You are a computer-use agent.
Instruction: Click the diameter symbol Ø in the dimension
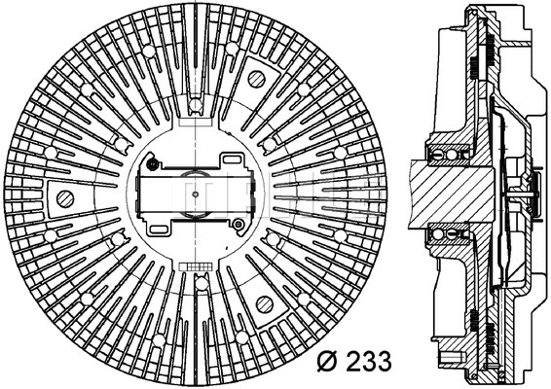click(329, 361)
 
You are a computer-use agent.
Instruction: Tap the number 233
click(368, 361)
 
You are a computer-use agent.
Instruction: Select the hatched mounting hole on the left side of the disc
click(65, 199)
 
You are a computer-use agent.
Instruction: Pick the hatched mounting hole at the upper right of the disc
click(257, 80)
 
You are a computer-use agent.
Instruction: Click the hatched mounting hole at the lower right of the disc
click(265, 304)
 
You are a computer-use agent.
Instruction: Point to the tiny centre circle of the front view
click(196, 194)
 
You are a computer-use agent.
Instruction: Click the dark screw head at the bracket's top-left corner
click(153, 163)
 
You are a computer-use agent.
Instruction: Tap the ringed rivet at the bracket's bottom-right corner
click(239, 224)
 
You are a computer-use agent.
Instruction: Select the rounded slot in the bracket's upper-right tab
click(232, 159)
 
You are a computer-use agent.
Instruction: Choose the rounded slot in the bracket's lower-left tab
click(159, 230)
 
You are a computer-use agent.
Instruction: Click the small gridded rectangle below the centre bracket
click(195, 266)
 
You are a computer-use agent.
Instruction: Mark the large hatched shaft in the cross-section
click(452, 194)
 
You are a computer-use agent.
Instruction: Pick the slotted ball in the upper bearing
click(437, 155)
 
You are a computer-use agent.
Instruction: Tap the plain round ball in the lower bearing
click(437, 234)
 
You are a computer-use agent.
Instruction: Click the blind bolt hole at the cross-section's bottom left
click(450, 358)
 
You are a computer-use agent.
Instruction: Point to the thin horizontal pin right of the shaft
click(520, 194)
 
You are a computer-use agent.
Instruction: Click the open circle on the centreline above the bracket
click(195, 104)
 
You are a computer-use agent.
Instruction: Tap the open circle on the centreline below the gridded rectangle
click(202, 284)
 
